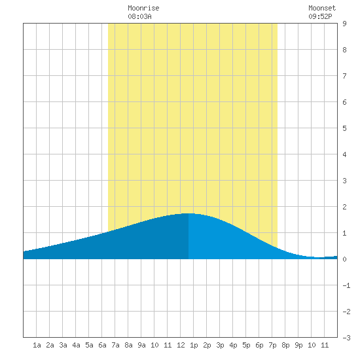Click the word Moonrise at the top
(143, 8)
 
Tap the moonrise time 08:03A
(139, 16)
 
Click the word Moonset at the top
(322, 8)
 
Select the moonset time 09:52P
(320, 16)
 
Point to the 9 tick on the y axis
(344, 24)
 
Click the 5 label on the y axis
(344, 128)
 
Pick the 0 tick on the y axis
(344, 259)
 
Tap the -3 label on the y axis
(347, 338)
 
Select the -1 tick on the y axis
(347, 285)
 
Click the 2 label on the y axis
(344, 207)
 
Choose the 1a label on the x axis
(37, 345)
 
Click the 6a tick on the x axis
(102, 345)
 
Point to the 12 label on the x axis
(181, 345)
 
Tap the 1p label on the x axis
(194, 345)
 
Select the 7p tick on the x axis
(272, 345)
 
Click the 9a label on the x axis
(141, 345)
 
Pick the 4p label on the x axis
(233, 345)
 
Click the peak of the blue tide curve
(189, 213)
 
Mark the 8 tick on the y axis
(344, 50)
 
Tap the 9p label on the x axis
(298, 345)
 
